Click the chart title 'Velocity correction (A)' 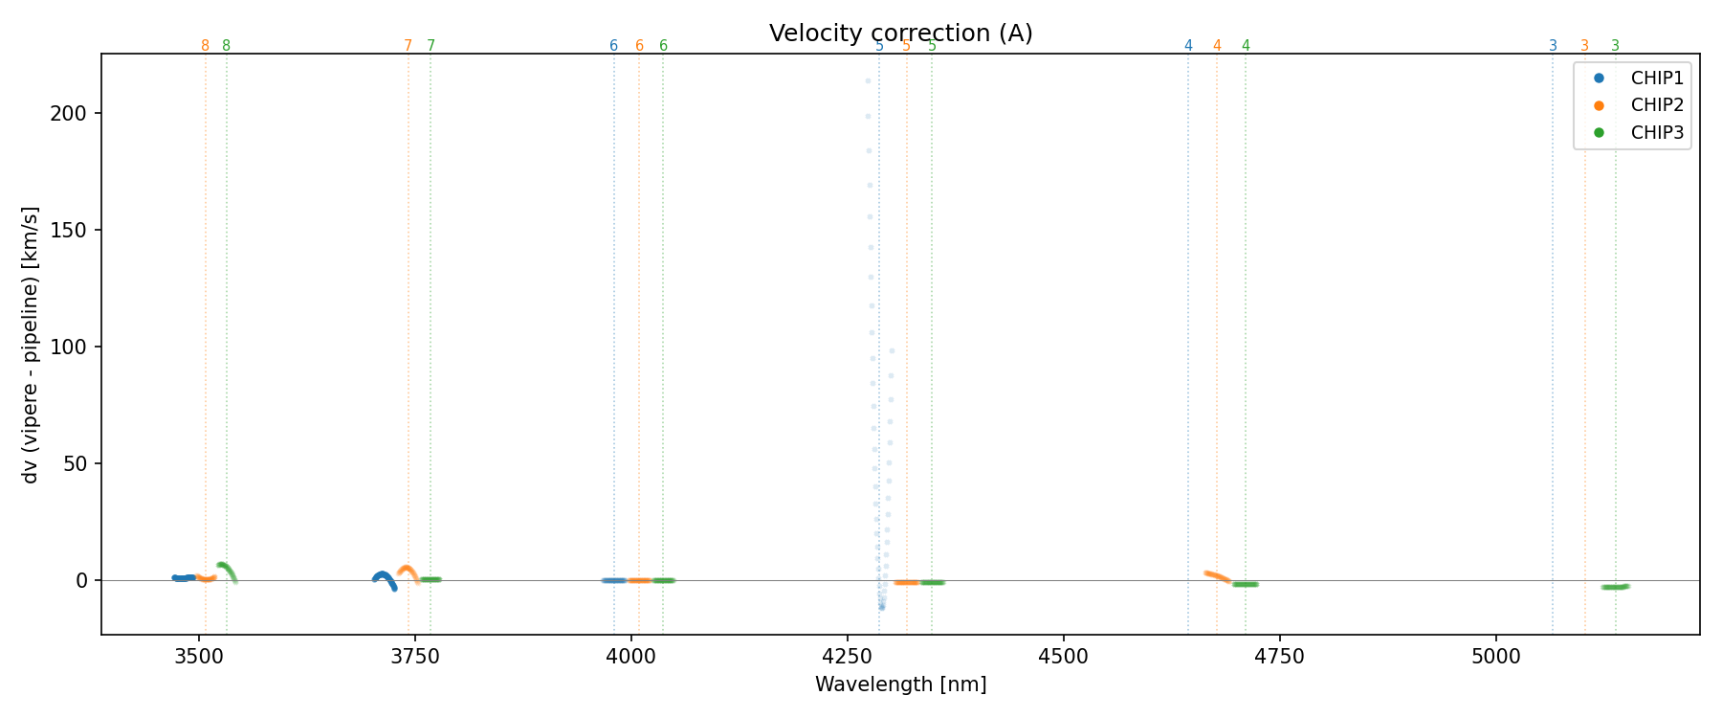pos(900,34)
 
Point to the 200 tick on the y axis pos(76,113)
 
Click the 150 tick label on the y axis pos(76,230)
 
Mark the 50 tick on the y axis pos(80,463)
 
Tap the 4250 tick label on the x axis pos(847,656)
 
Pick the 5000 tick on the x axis pos(1495,656)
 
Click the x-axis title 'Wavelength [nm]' pos(900,684)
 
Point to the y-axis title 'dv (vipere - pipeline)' pos(31,345)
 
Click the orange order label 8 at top pos(205,46)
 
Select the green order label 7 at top pos(430,46)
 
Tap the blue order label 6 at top pos(613,46)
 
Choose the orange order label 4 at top pos(1217,46)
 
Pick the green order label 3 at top pos(1615,46)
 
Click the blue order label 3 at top pos(1553,46)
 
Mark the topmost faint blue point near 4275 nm pos(868,81)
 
